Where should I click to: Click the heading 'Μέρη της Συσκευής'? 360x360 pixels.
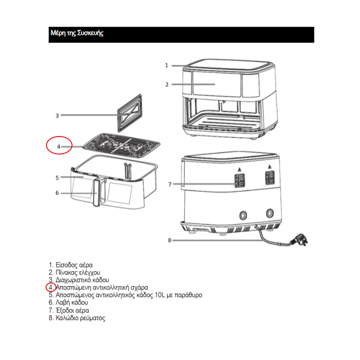point(76,33)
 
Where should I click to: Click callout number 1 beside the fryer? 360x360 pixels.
point(166,65)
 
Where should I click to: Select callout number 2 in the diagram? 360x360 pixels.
point(167,84)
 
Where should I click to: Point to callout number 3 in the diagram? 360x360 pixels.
point(57,116)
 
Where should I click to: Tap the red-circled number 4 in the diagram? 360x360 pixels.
point(58,146)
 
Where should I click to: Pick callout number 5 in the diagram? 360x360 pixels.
point(57,177)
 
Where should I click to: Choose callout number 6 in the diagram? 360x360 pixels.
point(57,193)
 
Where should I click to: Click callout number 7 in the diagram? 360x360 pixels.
point(170,184)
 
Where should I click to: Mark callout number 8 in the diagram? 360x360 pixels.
point(170,240)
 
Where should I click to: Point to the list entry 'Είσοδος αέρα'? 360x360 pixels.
point(73,265)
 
